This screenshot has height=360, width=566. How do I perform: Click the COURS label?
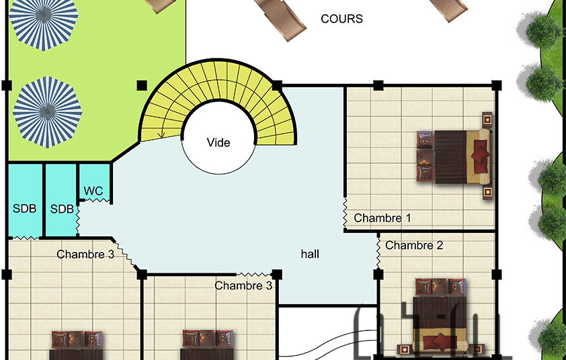341,19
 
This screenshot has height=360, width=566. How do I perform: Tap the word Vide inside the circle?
218,142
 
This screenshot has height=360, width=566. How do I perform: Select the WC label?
93,191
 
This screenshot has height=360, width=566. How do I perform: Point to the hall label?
310,254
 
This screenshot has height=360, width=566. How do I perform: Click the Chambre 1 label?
382,218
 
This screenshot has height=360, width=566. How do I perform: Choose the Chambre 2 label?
414,245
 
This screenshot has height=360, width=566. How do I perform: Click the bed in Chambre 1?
454,156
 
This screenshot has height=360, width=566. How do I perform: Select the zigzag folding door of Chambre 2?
378,251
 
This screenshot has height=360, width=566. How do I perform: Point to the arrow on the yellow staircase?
161,134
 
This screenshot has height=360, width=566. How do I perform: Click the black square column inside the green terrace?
142,85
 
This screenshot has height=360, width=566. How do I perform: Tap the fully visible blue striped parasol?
47,112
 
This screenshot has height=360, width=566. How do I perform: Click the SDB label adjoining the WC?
62,209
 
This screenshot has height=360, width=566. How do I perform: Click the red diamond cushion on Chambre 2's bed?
441,341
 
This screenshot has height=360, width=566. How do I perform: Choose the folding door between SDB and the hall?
77,220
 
